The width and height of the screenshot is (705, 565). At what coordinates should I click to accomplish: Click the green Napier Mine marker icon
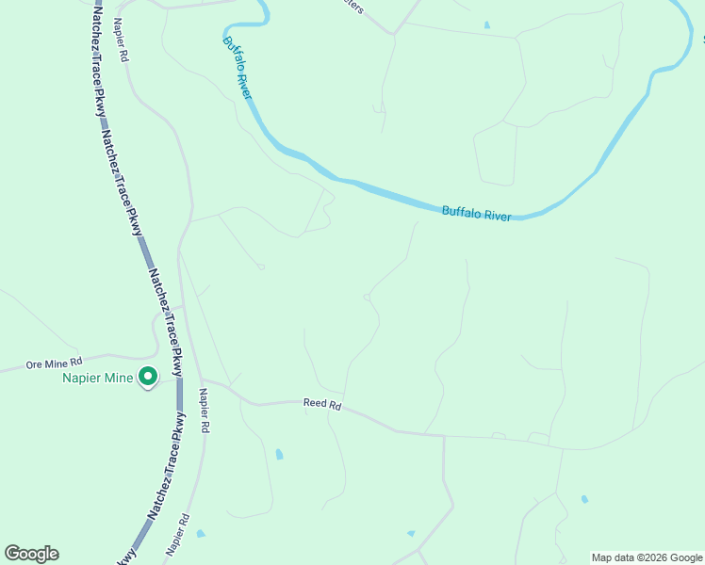148,378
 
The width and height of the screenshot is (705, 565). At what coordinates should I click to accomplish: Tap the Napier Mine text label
98,379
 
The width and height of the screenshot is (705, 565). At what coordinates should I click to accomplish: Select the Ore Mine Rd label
55,362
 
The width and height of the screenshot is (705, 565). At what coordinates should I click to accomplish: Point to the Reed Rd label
321,404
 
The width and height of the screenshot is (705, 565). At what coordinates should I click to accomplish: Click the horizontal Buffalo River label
477,214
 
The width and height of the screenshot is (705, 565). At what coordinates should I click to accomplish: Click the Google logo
31,554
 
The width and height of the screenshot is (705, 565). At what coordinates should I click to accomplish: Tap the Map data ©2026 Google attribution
648,557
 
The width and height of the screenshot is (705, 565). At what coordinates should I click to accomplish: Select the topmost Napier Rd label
120,39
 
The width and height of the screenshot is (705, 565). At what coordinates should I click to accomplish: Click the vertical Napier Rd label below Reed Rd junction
204,411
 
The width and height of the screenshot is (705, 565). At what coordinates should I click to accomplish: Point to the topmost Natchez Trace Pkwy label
97,60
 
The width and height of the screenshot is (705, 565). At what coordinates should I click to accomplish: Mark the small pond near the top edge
486,24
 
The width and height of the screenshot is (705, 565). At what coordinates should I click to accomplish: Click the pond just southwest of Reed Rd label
279,455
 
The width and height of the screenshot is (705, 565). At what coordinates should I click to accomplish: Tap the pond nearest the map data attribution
584,498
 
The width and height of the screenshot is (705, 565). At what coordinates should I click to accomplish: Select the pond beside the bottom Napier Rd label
201,534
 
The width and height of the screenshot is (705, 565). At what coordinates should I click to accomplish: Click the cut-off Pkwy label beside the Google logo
126,556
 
